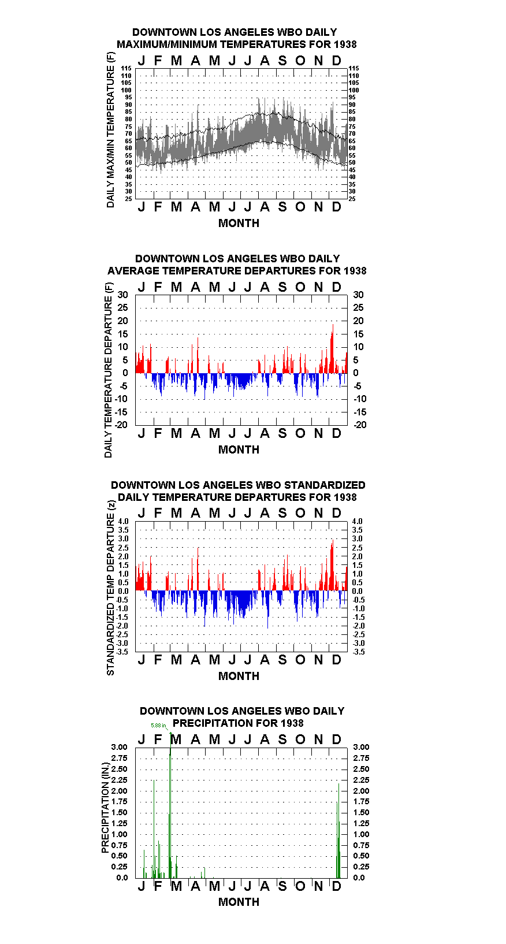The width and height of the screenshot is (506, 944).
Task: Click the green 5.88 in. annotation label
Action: (x=158, y=725)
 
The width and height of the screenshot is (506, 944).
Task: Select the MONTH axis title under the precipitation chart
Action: (x=239, y=902)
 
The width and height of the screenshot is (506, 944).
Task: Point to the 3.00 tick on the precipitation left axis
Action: (x=119, y=747)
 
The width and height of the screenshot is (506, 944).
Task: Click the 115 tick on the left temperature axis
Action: (x=127, y=68)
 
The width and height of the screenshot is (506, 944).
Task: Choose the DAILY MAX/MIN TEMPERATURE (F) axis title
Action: (x=110, y=130)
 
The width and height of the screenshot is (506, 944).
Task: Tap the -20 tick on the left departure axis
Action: (x=121, y=425)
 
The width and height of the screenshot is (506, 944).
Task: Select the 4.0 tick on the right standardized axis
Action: (x=358, y=521)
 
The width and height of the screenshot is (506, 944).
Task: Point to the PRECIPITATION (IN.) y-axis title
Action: (x=105, y=808)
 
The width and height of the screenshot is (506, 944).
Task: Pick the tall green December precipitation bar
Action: (x=338, y=830)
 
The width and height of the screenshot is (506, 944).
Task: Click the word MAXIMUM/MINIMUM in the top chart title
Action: (x=170, y=44)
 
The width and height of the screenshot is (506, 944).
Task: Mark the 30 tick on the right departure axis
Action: (x=358, y=295)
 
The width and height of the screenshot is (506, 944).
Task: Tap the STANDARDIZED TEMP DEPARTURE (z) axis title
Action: (x=110, y=588)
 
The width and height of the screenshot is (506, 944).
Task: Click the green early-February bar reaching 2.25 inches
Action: (x=154, y=828)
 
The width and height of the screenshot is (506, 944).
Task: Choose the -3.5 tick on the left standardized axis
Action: (x=122, y=652)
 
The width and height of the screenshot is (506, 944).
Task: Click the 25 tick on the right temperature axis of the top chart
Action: (x=352, y=199)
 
